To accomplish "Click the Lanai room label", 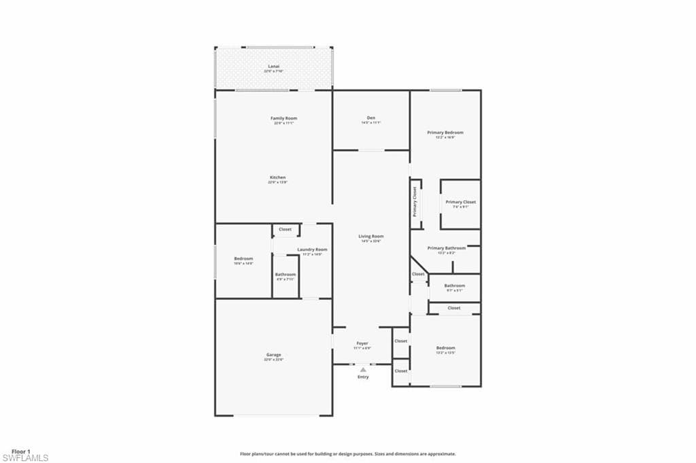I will (x=274, y=67).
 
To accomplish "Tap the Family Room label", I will (x=283, y=118).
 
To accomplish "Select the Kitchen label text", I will (x=277, y=177).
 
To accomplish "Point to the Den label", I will (x=371, y=118).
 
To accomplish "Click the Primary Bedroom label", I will (x=445, y=133).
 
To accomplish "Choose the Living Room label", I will (x=371, y=237).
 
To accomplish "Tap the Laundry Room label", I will (x=312, y=250).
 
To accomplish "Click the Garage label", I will (x=274, y=355).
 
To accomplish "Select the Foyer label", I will (x=362, y=344).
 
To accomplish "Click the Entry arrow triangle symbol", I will (x=363, y=370).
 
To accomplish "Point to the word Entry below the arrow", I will (x=363, y=377).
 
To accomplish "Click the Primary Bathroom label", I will (x=447, y=248).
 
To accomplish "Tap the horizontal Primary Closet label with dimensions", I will (x=460, y=202).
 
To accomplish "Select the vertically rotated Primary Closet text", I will (x=415, y=202).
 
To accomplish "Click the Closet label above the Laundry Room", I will (x=285, y=230).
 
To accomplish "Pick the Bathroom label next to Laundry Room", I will (x=285, y=275).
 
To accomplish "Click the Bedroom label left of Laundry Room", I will (x=243, y=259).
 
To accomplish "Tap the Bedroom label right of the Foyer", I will (x=445, y=348).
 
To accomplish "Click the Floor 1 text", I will (x=20, y=451).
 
